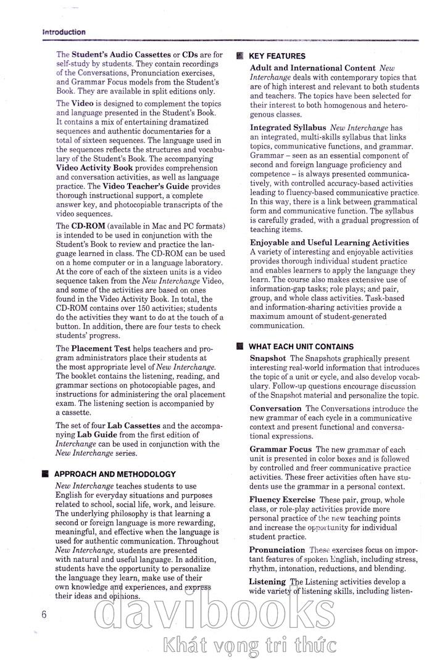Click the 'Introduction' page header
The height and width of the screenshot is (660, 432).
[64, 31]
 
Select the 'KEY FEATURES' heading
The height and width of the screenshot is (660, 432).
[277, 56]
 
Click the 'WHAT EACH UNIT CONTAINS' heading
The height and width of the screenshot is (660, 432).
[301, 347]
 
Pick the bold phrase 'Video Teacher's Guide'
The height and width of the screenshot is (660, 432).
[145, 186]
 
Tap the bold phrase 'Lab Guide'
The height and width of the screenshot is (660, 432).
[94, 435]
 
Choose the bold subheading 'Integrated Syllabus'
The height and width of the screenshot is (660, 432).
[288, 127]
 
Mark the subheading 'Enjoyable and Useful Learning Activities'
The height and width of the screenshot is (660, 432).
[329, 242]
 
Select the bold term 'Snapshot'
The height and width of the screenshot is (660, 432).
[268, 358]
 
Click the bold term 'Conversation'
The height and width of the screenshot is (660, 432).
[275, 408]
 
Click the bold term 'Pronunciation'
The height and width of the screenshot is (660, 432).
[277, 550]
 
